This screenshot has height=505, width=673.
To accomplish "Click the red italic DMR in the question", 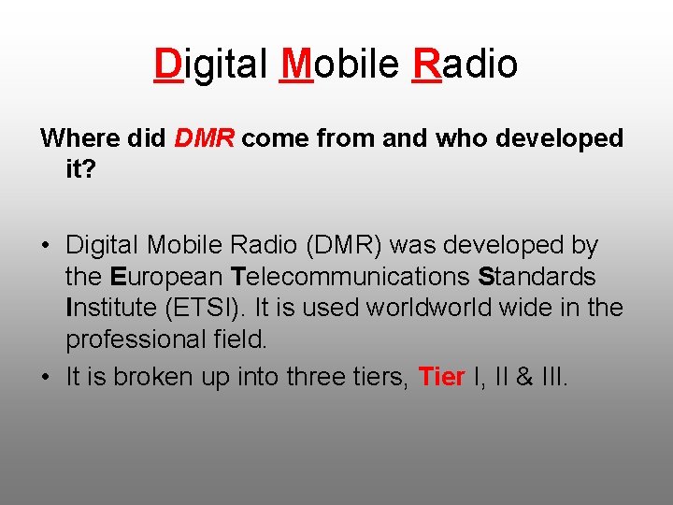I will tap(208, 138).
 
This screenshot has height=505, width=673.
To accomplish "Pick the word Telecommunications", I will tap(351, 277).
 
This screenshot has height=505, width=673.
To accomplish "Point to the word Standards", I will tap(537, 277).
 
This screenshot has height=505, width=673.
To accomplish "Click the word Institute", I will tap(107, 309).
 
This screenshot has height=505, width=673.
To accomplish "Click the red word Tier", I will tap(442, 377).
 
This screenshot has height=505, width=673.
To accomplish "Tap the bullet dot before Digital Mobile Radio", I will tap(45, 246).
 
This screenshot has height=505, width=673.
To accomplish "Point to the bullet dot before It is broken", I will tap(45, 378).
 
